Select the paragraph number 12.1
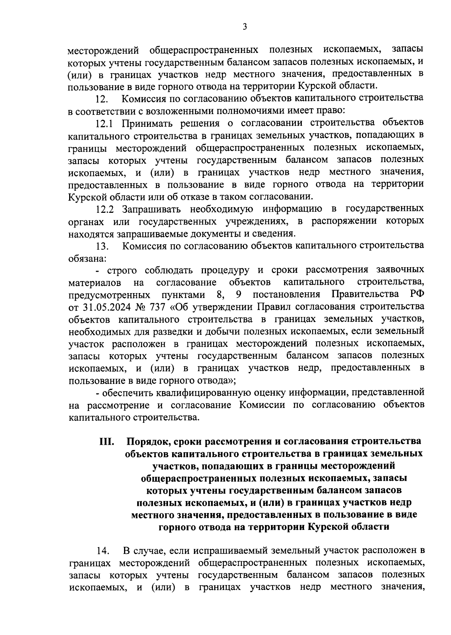pos(106,123)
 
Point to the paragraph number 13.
pos(102,246)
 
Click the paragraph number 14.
pos(102,551)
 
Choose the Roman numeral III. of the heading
pos(107,441)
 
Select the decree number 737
pos(157,307)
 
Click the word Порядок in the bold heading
pos(147,441)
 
